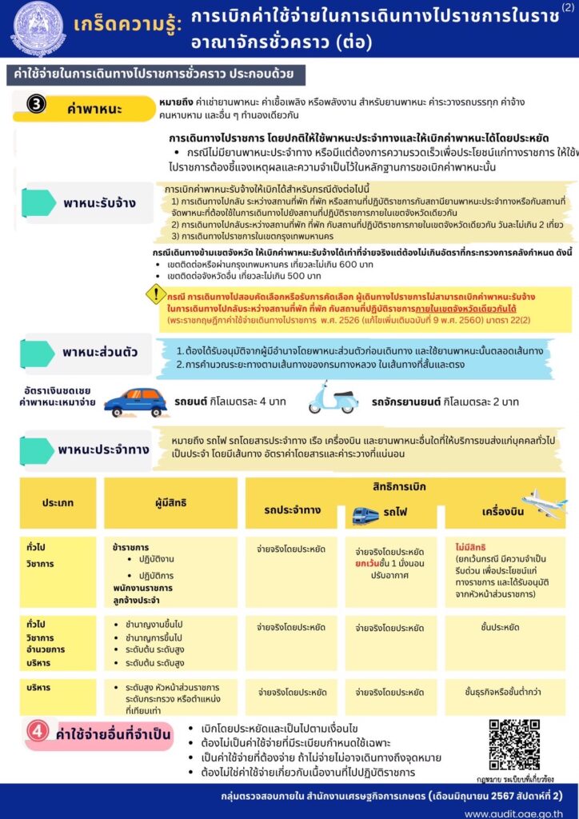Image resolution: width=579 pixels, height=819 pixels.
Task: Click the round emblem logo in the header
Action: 38,29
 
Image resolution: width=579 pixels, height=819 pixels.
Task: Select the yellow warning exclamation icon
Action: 155,294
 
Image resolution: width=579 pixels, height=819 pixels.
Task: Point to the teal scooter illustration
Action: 334,398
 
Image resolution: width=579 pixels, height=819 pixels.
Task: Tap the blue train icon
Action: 366,516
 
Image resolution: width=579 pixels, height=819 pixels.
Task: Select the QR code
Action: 514,745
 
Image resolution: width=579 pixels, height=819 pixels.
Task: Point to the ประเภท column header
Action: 58,503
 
